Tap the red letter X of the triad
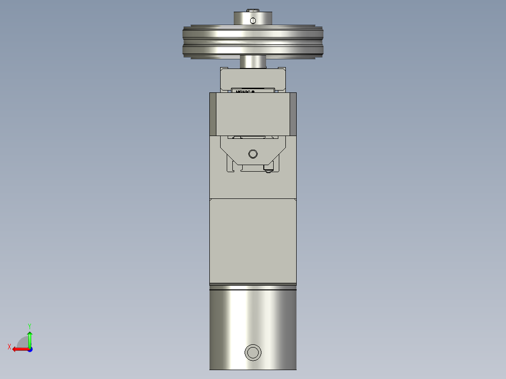[x=9, y=347]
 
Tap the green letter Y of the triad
[x=29, y=326]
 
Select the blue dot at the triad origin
[x=30, y=349]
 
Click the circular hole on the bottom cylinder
[x=253, y=352]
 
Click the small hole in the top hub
[x=253, y=20]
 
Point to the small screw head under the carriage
[x=268, y=172]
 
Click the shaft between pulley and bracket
[x=253, y=62]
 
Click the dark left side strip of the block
[x=213, y=114]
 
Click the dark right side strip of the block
[x=293, y=114]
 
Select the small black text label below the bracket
[x=245, y=92]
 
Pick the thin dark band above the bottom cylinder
[x=253, y=285]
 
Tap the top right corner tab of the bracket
[x=283, y=70]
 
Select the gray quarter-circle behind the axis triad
[x=22, y=342]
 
